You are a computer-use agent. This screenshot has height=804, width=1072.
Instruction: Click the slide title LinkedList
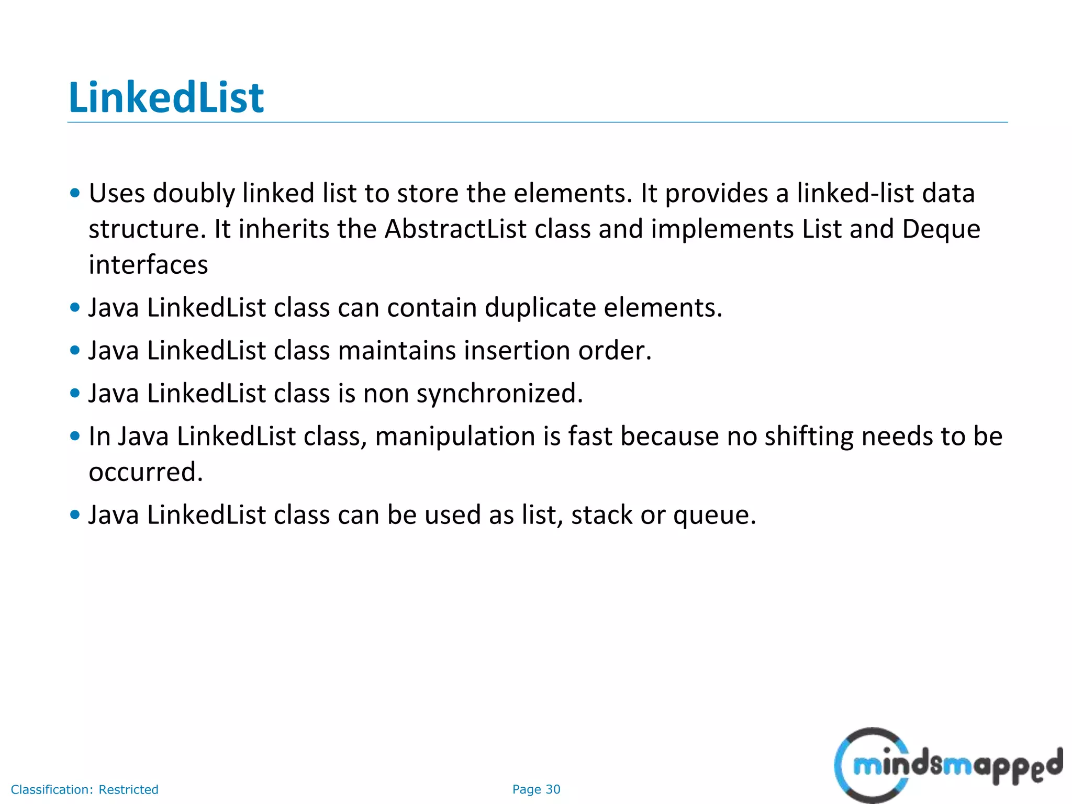click(166, 97)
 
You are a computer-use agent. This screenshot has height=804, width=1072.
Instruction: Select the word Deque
click(941, 229)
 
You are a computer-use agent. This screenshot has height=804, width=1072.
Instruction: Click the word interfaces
click(148, 264)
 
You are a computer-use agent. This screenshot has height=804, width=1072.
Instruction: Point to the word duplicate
click(540, 307)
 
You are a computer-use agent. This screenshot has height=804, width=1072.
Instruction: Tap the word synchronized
click(499, 393)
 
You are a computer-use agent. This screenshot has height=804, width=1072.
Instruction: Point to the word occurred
click(146, 472)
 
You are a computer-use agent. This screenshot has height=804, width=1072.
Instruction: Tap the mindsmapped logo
click(948, 764)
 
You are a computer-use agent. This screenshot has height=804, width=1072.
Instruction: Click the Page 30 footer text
click(536, 789)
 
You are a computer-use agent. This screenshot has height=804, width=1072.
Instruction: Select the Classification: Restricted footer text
click(84, 789)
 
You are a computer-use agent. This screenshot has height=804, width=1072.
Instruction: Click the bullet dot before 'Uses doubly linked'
click(75, 193)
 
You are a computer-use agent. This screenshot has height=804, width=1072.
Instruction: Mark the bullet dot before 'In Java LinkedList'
click(75, 436)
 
